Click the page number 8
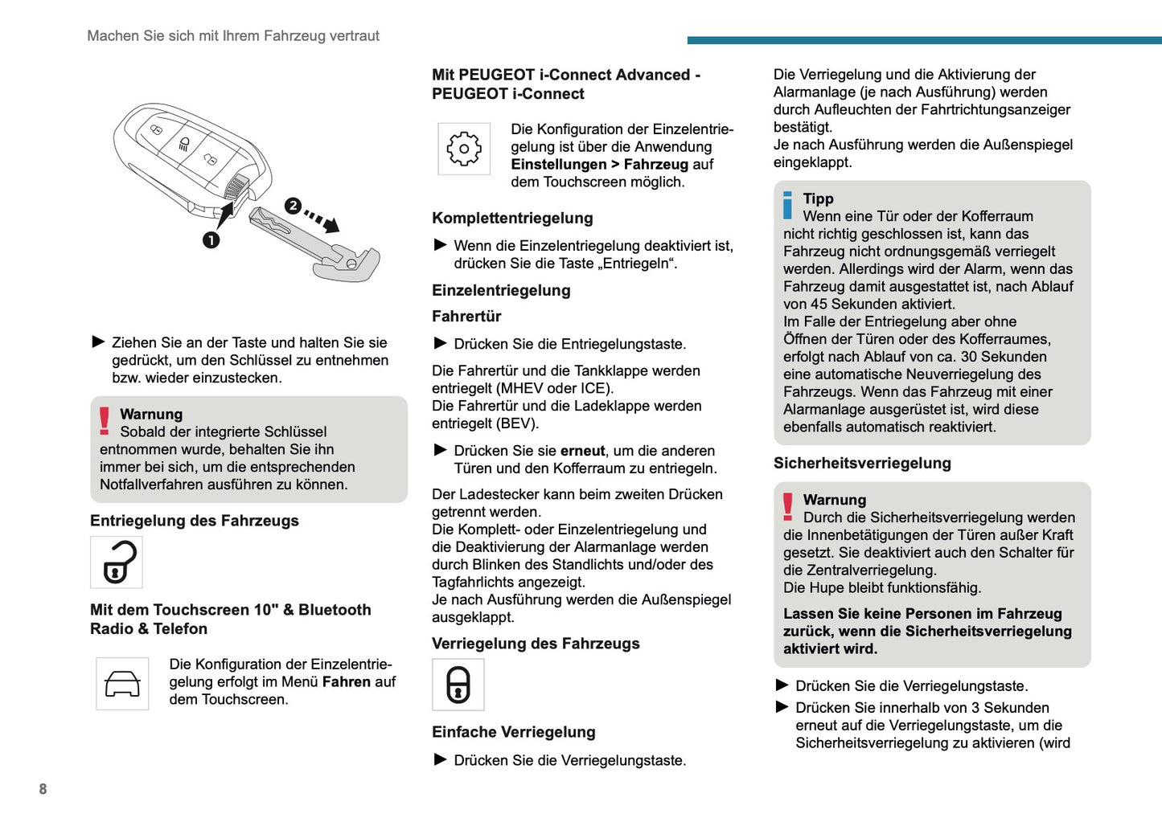pos(43,789)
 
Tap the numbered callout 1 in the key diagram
pos(211,239)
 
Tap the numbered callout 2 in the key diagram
pos(293,206)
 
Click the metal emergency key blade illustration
pos(314,245)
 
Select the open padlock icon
pos(117,562)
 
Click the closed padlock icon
pos(458,685)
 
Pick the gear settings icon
pos(464,149)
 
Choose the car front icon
pos(122,684)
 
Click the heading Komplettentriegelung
pos(512,218)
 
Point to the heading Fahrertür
pos(466,317)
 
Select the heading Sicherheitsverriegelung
pos(862,463)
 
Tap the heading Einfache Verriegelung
pos(513,732)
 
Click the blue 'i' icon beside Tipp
pos(787,206)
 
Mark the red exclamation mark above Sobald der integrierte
pos(105,421)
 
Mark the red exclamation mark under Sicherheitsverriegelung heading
pos(788,507)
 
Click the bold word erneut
pos(583,451)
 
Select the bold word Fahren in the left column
pos(347,682)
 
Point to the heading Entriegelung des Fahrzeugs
pos(195,521)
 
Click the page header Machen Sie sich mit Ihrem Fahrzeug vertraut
pos(233,36)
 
